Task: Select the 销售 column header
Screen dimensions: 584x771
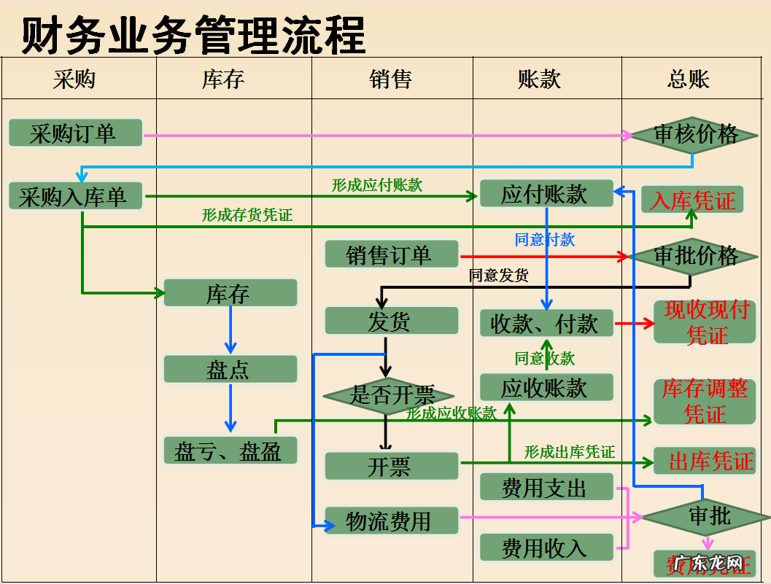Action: (x=392, y=79)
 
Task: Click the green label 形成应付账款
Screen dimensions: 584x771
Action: (x=377, y=185)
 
